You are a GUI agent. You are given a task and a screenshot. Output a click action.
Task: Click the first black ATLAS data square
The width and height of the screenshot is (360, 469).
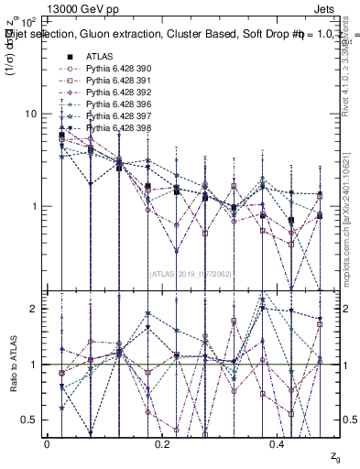[61, 136]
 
